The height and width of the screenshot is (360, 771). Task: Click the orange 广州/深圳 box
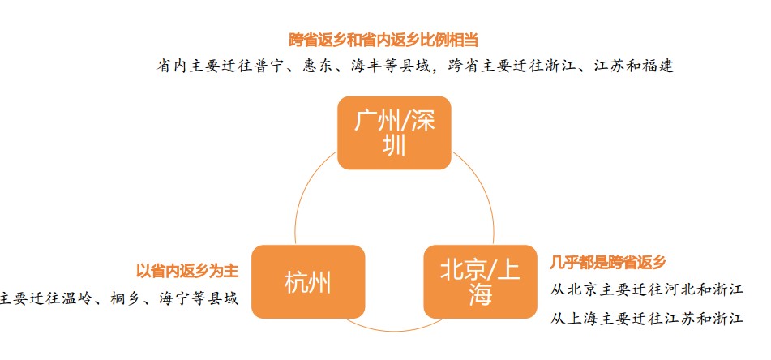click(394, 133)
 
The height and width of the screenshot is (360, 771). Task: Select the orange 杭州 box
click(308, 282)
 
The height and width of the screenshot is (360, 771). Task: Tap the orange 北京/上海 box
click(480, 282)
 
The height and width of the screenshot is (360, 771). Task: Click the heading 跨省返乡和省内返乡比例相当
click(384, 40)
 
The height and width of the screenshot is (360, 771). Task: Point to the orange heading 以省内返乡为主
click(187, 271)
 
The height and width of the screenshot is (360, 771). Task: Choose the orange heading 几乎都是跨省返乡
click(608, 262)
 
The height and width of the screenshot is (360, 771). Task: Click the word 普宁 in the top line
click(271, 66)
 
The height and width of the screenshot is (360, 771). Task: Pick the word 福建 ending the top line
click(658, 66)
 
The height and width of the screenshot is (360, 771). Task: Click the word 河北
click(679, 289)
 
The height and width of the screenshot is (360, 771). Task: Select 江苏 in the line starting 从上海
click(679, 318)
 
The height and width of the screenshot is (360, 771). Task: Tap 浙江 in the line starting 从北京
click(726, 289)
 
